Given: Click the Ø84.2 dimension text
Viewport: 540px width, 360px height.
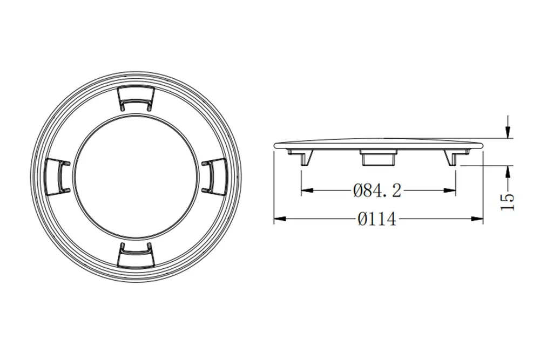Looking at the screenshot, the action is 377,191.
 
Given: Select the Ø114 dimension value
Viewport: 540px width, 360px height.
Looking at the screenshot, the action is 377,219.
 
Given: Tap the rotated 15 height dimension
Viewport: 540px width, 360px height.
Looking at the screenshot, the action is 507,202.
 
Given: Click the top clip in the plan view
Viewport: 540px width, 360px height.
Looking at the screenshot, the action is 136,98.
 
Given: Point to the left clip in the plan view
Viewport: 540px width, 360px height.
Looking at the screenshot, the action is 58,175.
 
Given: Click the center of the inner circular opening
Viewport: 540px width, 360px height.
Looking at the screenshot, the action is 136,175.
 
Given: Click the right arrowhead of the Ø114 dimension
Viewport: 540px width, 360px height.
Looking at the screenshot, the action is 477,219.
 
